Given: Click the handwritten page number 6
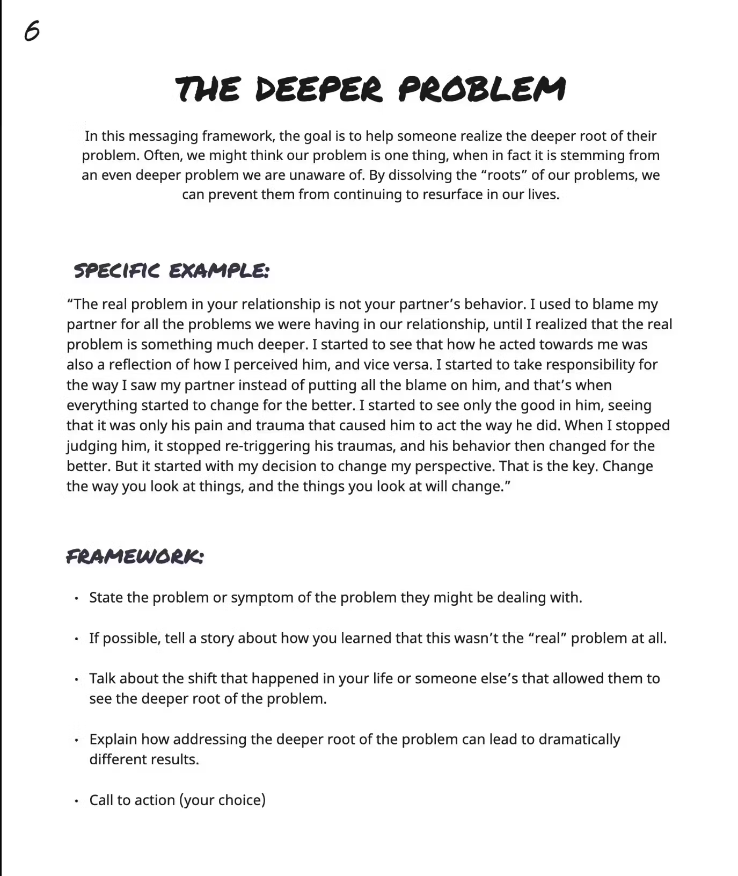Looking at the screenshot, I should [32, 31].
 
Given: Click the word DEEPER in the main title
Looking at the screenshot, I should [319, 89].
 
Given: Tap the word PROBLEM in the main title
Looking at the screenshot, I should [482, 89].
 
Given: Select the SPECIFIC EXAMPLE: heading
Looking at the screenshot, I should [171, 270].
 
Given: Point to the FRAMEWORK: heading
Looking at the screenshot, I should [135, 556].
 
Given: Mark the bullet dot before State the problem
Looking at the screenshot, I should [77, 598].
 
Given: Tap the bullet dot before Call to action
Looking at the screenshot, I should [77, 801].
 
